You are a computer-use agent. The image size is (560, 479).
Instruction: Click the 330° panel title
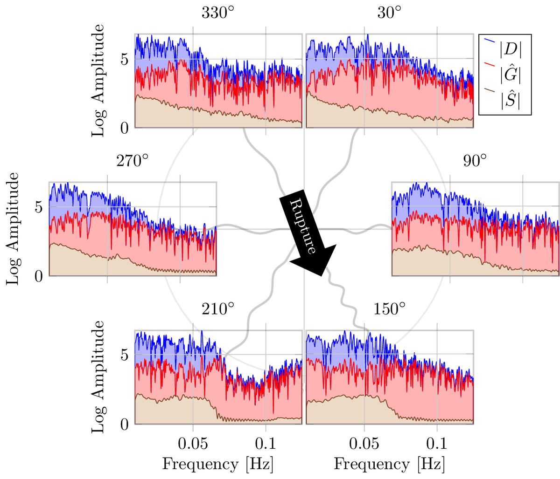pos(218,13)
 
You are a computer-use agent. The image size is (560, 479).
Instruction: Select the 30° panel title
pos(389,13)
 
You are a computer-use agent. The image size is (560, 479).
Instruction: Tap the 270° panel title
pos(133,161)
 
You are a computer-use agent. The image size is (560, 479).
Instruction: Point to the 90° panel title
pos(475,161)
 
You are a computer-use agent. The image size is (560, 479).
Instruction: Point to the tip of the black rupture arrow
pos(321,276)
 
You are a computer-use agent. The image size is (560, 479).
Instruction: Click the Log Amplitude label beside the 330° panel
pos(98,81)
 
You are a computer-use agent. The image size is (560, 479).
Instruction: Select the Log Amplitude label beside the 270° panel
pos(13,228)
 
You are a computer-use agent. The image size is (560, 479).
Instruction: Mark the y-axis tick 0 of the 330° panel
pos(125,128)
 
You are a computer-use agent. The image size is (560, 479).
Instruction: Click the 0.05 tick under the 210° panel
pos(193,442)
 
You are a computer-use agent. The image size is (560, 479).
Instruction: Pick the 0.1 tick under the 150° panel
pos(437,442)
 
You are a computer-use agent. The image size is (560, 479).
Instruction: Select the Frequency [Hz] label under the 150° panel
pos(389,464)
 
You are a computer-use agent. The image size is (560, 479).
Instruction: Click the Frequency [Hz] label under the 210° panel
pos(218,464)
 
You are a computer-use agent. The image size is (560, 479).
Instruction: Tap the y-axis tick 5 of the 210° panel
pos(125,355)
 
